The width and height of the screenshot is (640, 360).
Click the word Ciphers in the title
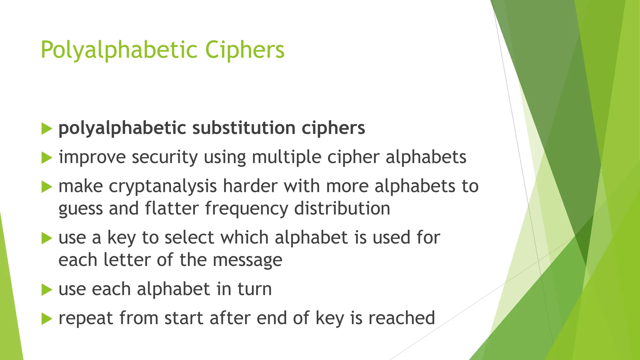tap(245, 50)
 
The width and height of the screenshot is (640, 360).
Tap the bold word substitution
tap(244, 128)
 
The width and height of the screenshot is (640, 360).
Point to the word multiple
tap(287, 157)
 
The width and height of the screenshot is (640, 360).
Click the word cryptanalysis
tap(163, 187)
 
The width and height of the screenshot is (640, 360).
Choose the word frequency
tap(247, 209)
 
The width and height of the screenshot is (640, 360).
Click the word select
tap(189, 237)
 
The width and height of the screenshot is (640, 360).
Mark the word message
tap(247, 260)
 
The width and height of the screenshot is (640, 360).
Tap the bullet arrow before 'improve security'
tap(47, 158)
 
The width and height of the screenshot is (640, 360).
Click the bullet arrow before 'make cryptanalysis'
tap(47, 187)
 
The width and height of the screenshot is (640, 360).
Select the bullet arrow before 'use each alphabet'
tap(47, 290)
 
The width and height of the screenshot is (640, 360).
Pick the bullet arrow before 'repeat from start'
tap(47, 319)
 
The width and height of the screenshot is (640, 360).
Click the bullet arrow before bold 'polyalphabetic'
tap(47, 129)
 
